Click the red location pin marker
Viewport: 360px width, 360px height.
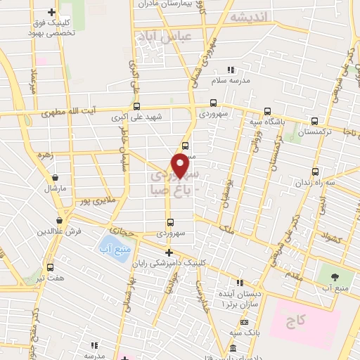(181, 166)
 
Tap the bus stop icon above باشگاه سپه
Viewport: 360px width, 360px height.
(267, 110)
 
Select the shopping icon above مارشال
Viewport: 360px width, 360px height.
(55, 177)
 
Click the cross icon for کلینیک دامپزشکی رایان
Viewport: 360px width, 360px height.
(168, 252)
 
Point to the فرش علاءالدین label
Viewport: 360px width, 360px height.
(60, 231)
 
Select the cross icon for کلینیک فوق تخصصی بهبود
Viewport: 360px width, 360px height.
(51, 12)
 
